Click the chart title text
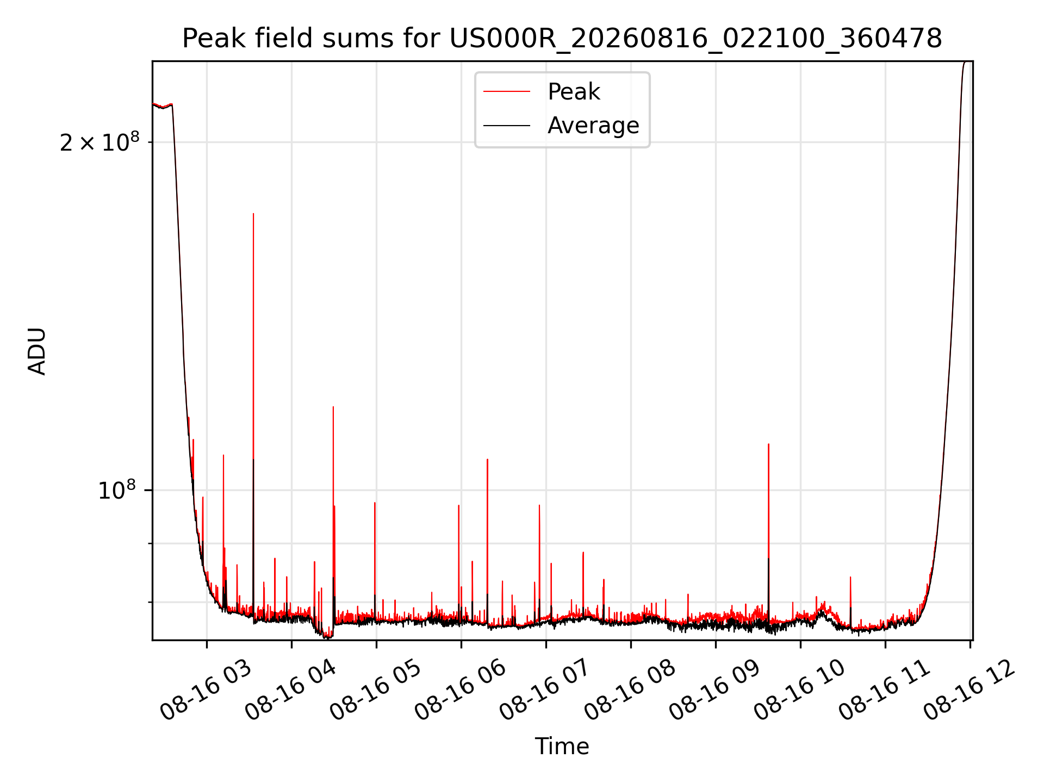[562, 39]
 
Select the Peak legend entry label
[574, 91]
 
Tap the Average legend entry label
[593, 125]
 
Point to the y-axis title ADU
[37, 351]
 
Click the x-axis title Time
[562, 746]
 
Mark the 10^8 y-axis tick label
[117, 489]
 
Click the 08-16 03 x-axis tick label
[206, 691]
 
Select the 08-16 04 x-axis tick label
[290, 691]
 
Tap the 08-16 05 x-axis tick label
[375, 691]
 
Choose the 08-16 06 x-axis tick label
[460, 691]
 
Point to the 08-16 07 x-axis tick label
[545, 691]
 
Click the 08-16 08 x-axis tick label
[630, 691]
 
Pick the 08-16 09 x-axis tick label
[714, 691]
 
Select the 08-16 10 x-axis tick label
[799, 691]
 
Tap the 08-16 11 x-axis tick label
[884, 691]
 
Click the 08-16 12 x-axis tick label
[969, 691]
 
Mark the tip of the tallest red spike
[253, 213]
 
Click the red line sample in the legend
[507, 91]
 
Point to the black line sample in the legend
[507, 126]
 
